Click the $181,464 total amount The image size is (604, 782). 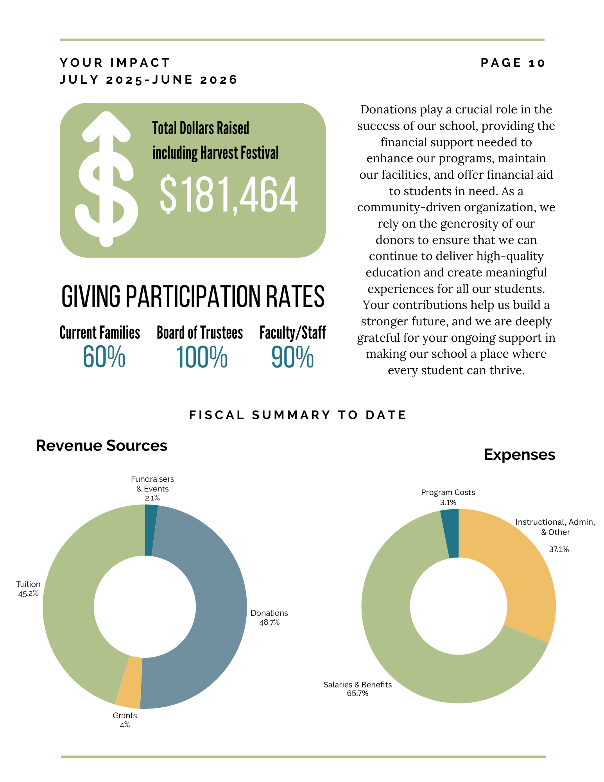click(x=229, y=194)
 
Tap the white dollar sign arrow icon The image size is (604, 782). click(x=106, y=179)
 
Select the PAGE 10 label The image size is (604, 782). click(x=513, y=63)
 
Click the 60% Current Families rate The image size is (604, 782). click(x=104, y=357)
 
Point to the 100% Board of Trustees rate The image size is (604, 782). click(x=202, y=357)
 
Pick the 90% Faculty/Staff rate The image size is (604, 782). click(x=292, y=357)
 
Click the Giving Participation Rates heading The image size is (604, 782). click(x=193, y=296)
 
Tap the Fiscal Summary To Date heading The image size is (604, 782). click(x=298, y=415)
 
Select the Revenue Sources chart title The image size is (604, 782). click(x=102, y=446)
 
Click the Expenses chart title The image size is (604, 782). click(x=520, y=455)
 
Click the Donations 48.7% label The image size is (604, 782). click(x=269, y=617)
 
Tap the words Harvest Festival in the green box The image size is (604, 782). click(x=240, y=153)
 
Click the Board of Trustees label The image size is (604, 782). click(x=200, y=333)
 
